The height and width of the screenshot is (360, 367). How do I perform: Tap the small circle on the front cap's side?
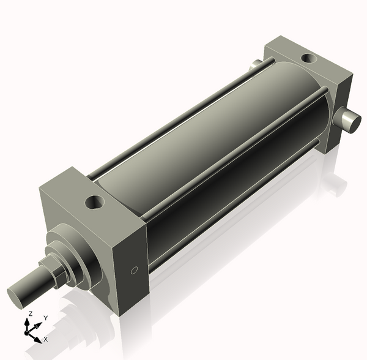(135, 269)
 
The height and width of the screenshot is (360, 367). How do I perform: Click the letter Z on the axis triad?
(30, 313)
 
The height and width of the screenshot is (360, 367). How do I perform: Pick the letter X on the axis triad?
(45, 339)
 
